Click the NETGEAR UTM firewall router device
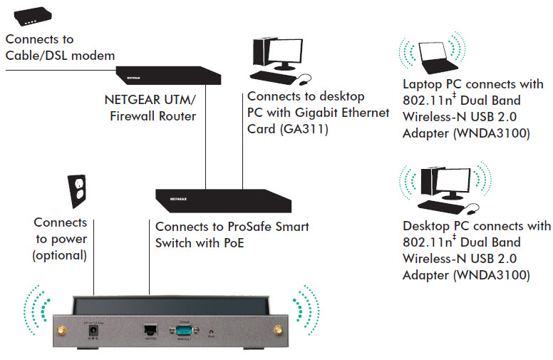168,73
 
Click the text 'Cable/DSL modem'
59,56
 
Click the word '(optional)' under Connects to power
60,254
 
